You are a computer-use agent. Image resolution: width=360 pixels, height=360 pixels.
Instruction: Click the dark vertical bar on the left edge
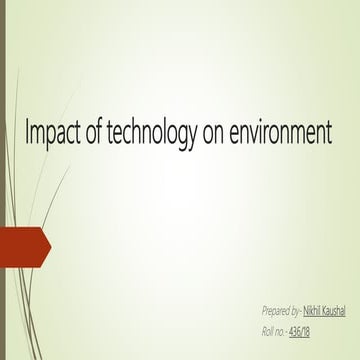tap(2, 180)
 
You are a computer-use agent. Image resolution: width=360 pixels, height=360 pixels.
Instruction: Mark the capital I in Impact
tap(27, 134)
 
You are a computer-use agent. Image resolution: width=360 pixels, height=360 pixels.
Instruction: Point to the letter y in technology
tap(193, 139)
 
